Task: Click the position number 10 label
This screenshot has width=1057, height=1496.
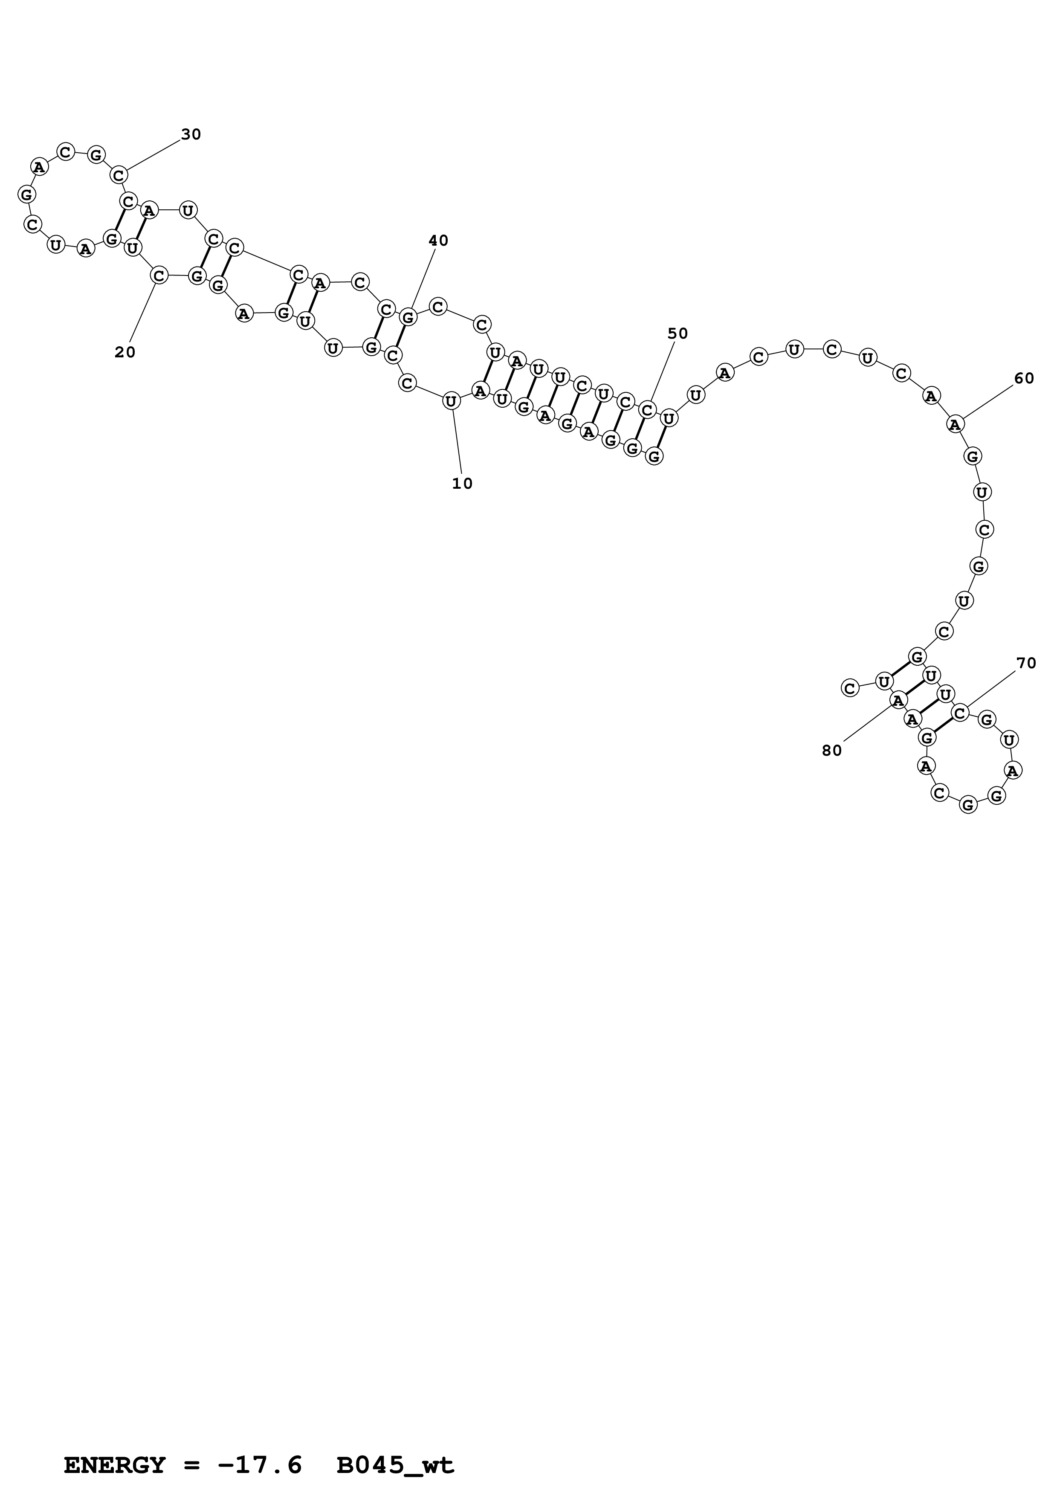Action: pos(462,484)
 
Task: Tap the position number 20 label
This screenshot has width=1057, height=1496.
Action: pos(125,353)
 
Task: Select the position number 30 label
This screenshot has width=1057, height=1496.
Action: pos(191,134)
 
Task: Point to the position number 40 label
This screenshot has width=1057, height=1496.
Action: pos(438,241)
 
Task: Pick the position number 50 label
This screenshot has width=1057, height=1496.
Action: pos(678,333)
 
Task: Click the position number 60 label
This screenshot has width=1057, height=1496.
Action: pos(1024,379)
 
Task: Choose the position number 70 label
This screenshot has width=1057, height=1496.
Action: pos(1026,663)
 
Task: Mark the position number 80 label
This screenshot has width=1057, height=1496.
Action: pos(832,751)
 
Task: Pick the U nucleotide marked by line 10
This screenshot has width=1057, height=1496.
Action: pos(451,401)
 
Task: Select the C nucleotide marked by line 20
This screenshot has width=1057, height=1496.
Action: pos(159,275)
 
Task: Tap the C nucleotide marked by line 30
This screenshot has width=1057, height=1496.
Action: pos(119,175)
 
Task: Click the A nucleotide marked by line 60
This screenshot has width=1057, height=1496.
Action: pos(955,424)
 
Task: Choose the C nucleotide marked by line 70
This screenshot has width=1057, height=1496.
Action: pos(960,713)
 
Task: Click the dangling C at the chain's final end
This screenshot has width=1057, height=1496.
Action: pos(849,687)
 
